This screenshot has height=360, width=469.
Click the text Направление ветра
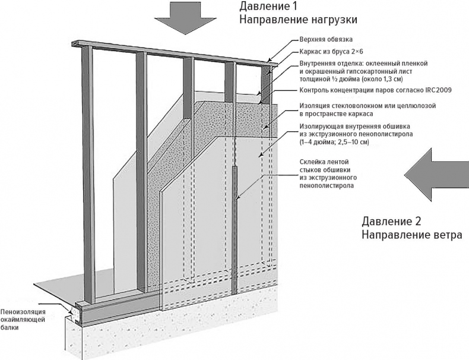(411, 235)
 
